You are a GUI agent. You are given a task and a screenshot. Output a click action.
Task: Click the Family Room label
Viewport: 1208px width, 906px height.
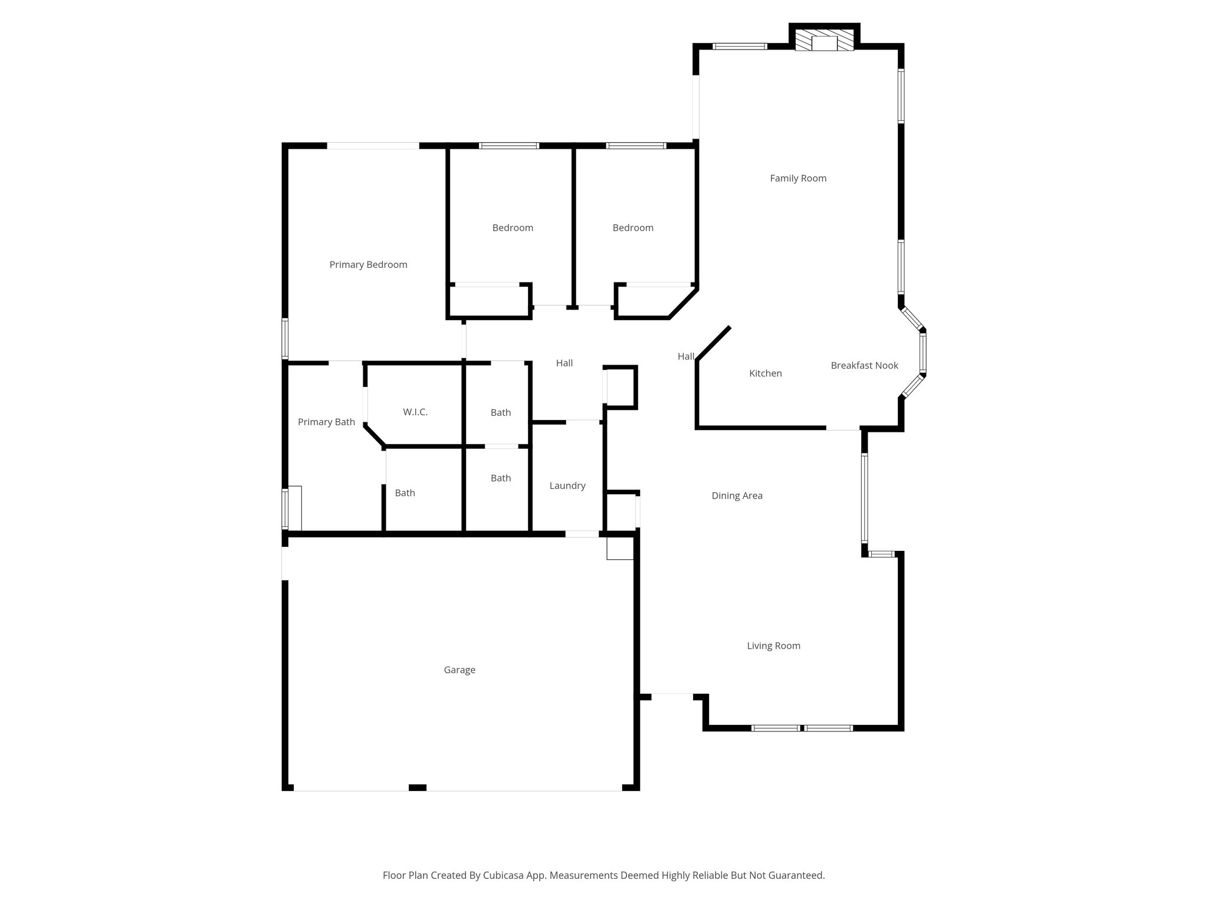(798, 178)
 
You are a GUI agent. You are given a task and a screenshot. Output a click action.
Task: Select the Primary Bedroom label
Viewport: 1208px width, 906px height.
(368, 265)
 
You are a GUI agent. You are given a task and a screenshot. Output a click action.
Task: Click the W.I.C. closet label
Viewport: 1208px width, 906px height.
(415, 412)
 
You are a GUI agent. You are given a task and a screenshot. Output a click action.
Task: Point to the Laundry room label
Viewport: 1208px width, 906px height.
(567, 486)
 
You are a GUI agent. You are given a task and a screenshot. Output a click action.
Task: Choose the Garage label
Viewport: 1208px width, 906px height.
(459, 670)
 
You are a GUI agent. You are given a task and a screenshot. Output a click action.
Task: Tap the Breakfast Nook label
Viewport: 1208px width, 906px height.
(864, 366)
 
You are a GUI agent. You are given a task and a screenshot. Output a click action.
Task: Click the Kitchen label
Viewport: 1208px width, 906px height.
(765, 373)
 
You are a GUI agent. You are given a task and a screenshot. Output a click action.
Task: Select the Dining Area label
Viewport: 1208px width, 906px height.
(737, 496)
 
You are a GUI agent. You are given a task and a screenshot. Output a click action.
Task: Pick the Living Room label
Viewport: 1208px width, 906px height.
(773, 646)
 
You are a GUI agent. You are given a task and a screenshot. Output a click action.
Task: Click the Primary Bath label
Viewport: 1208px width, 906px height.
(326, 422)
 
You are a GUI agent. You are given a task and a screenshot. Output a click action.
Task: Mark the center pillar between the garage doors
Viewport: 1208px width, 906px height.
(418, 787)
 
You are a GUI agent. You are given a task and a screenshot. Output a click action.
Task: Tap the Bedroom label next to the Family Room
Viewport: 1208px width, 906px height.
(633, 228)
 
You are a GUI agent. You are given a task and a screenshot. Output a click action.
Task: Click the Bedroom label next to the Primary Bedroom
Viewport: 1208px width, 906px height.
(513, 228)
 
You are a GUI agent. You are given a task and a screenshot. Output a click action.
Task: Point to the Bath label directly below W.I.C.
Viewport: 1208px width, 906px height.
(405, 493)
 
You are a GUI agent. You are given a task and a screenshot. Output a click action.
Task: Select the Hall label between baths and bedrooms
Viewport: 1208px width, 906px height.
(564, 363)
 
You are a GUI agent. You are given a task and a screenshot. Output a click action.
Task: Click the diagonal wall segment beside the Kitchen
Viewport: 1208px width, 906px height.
(714, 343)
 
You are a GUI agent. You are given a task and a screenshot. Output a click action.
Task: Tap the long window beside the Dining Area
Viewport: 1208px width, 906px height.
(864, 497)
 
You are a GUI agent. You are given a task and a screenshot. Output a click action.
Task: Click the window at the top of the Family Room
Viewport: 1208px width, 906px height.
(740, 46)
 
